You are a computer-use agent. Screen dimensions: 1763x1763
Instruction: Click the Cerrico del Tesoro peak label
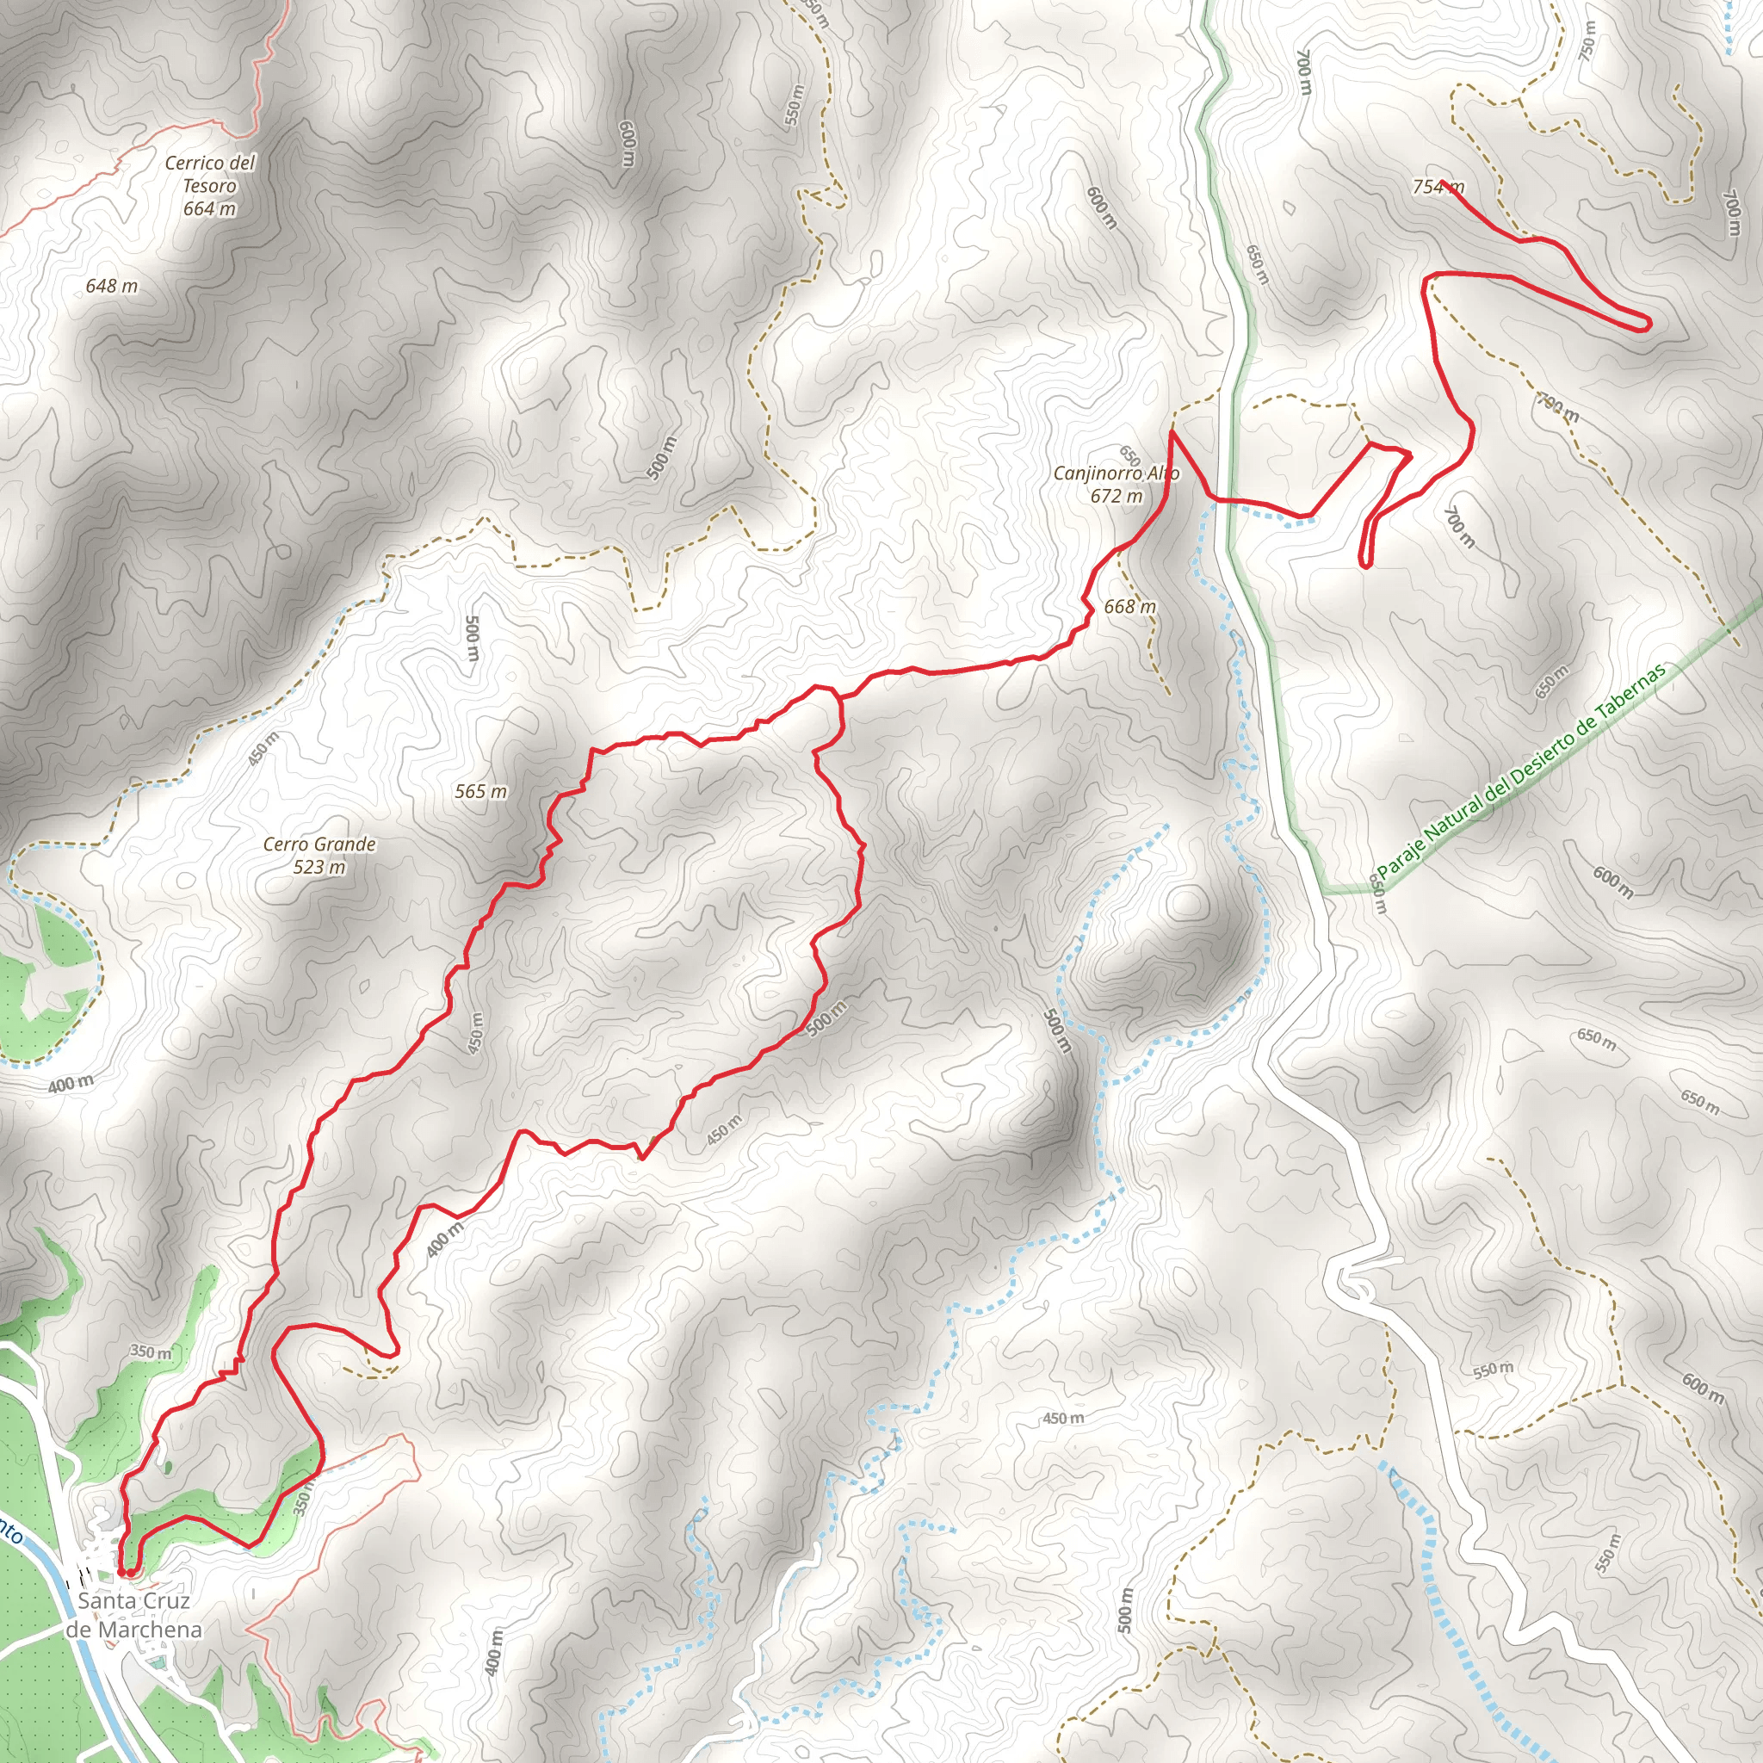coord(210,185)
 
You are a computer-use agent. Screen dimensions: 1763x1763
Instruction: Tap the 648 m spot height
coord(111,287)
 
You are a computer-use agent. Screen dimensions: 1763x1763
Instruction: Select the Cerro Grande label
coord(319,855)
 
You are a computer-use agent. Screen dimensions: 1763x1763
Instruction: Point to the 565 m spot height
coord(481,791)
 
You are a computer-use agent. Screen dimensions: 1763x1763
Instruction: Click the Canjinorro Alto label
coord(1116,485)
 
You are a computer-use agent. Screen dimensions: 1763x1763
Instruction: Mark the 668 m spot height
coord(1129,607)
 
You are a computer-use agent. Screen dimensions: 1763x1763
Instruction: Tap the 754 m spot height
coord(1438,187)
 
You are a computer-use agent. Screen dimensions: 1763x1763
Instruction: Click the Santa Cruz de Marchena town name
coord(134,1614)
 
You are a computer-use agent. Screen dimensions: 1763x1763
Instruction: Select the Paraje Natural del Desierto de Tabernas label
coord(1521,771)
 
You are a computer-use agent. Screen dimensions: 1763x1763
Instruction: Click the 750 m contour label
coord(1589,41)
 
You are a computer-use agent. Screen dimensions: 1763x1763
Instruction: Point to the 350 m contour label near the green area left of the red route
coord(151,1352)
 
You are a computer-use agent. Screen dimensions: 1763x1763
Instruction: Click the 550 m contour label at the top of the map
coord(795,105)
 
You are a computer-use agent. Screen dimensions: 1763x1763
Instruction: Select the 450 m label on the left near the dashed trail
coord(262,748)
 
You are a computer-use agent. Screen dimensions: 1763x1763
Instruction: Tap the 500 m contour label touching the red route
coord(827,1018)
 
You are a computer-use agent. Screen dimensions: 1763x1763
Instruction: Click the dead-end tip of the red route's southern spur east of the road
coord(1365,565)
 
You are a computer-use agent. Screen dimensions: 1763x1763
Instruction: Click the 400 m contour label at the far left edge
coord(71,1085)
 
